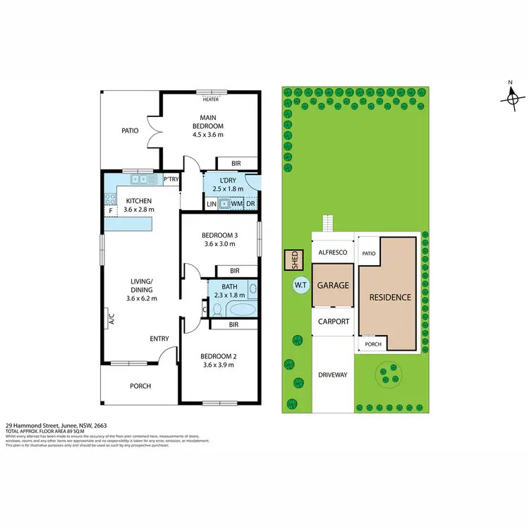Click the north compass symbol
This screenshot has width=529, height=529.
(x=513, y=98)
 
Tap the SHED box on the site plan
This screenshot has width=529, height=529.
(x=291, y=260)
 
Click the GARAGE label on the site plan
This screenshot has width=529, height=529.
(x=333, y=286)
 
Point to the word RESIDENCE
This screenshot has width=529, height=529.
(x=390, y=297)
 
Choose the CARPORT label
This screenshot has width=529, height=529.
(x=333, y=321)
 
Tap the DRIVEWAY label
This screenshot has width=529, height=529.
(x=333, y=375)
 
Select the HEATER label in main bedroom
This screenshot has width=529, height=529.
(x=210, y=99)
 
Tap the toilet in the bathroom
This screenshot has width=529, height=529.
(x=217, y=309)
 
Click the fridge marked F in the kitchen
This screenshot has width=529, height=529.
(x=111, y=210)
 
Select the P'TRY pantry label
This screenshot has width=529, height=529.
(x=171, y=180)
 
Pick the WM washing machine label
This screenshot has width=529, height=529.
(x=236, y=204)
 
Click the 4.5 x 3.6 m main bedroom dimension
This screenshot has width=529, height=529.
(x=207, y=135)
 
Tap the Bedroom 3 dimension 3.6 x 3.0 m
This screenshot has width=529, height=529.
(x=219, y=243)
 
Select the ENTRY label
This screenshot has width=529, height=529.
(x=159, y=339)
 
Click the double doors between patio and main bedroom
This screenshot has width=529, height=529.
(x=156, y=131)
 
